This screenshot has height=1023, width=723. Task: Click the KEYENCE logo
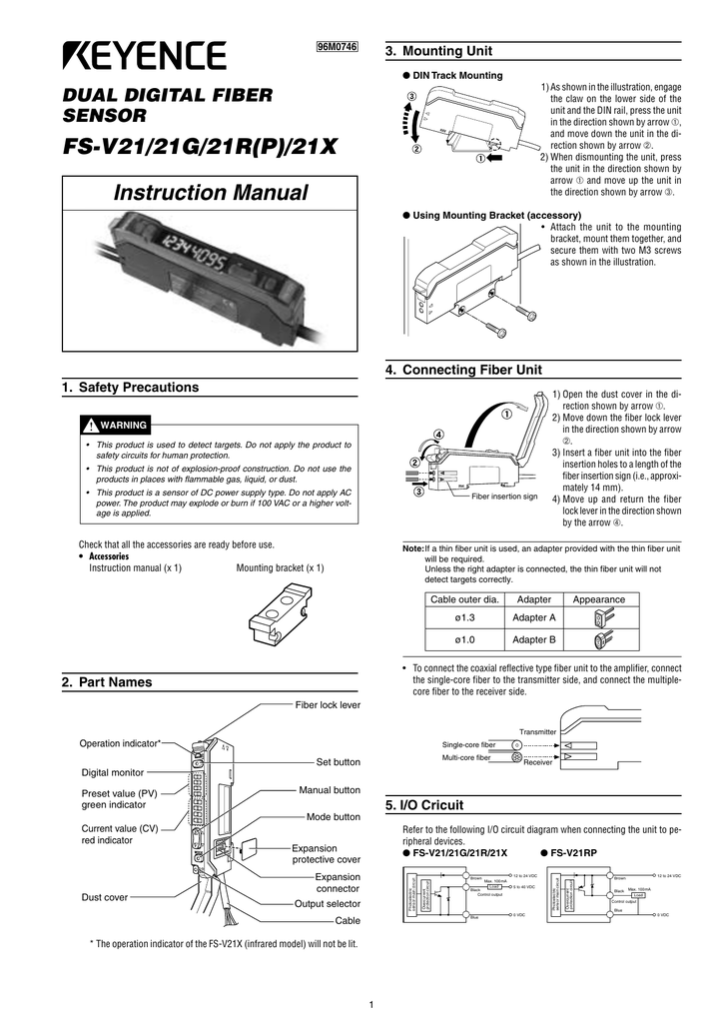[146, 57]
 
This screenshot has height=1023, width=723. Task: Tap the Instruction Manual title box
[209, 193]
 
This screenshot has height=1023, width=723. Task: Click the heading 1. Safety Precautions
[139, 388]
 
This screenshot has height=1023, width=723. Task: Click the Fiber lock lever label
[328, 705]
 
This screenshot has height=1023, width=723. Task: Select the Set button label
[339, 762]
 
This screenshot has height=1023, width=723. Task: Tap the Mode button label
[334, 816]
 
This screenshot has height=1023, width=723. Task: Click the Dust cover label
[104, 897]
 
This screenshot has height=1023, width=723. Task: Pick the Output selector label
[328, 903]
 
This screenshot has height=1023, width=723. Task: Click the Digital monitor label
[112, 772]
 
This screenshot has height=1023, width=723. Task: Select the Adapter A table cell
[533, 618]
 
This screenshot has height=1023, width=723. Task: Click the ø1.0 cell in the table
[462, 639]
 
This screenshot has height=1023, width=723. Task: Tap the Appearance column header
[599, 599]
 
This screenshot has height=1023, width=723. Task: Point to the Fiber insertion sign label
[504, 497]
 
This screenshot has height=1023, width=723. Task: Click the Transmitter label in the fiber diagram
[537, 731]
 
